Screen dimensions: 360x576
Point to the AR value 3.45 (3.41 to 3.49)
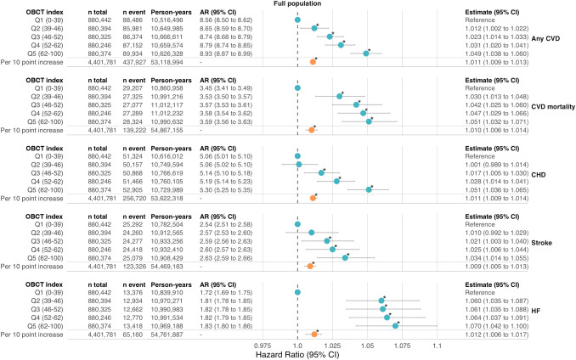(x=224, y=87)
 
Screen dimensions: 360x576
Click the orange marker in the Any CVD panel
(x=313, y=62)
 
